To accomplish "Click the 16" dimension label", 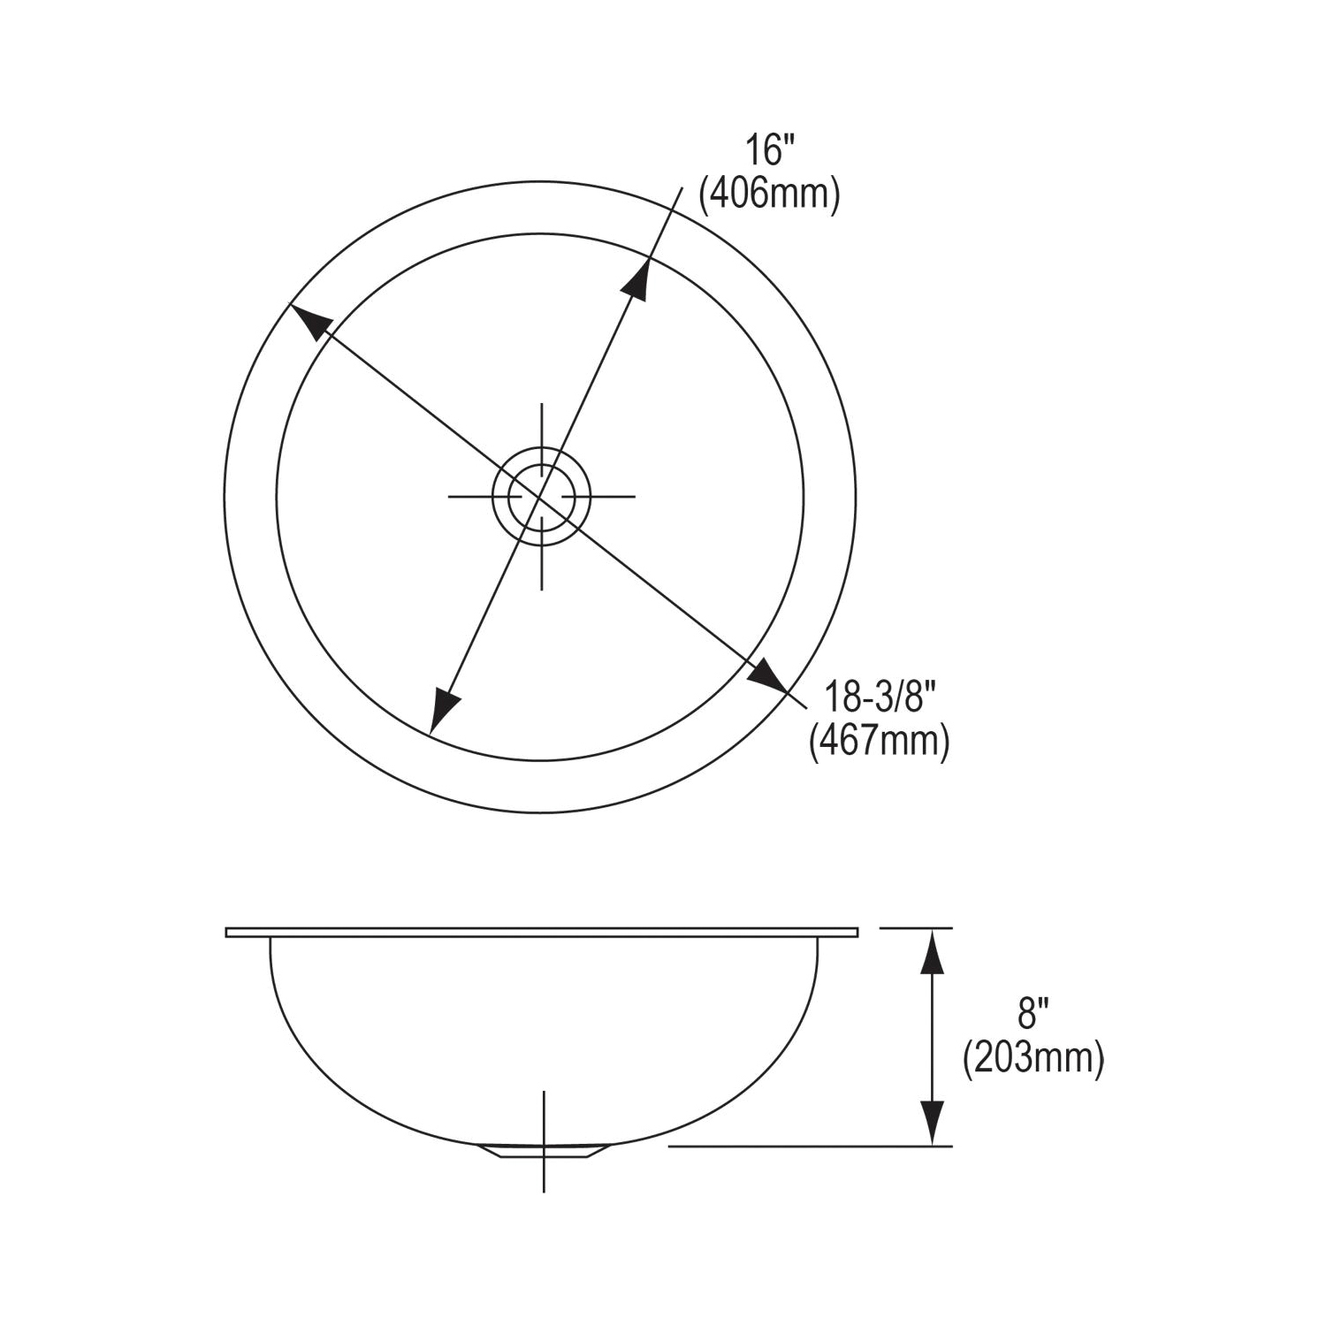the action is (765, 150).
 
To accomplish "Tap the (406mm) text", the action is (769, 194).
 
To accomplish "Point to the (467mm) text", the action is (880, 741).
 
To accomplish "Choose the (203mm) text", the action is (1033, 1058).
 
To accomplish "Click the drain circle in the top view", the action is (541, 496).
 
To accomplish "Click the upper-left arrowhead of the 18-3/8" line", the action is (309, 322).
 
